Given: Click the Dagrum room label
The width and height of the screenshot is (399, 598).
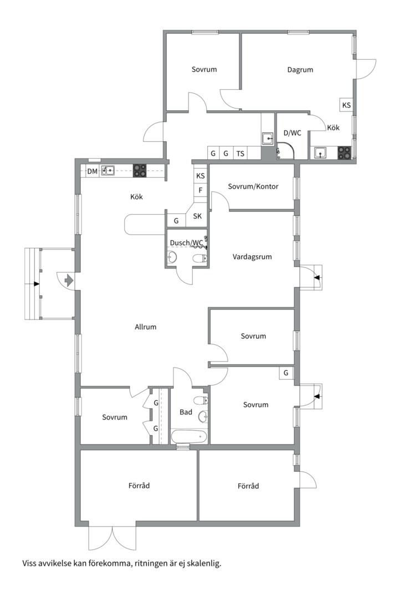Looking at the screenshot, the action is pyautogui.click(x=300, y=70).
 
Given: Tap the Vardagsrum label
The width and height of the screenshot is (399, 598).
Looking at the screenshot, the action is pyautogui.click(x=252, y=257).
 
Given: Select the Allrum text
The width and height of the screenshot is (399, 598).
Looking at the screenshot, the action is pyautogui.click(x=146, y=327).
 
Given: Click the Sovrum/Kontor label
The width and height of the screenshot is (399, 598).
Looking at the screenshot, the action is pyautogui.click(x=253, y=187).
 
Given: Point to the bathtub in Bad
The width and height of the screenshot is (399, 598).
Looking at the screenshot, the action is pyautogui.click(x=190, y=436).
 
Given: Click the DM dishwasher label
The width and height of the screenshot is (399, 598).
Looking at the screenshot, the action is pyautogui.click(x=92, y=172).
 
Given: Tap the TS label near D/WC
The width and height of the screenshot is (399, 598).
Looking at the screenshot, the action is pyautogui.click(x=240, y=154).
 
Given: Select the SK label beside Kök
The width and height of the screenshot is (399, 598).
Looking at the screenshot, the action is pyautogui.click(x=197, y=216).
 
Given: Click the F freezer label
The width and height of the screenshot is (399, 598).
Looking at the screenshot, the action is pyautogui.click(x=201, y=190).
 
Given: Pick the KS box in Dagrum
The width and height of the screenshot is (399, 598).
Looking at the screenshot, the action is pyautogui.click(x=346, y=105).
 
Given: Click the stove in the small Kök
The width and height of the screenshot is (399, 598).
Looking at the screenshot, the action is pyautogui.click(x=344, y=153).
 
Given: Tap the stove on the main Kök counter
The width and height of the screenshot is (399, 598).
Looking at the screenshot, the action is pyautogui.click(x=139, y=171).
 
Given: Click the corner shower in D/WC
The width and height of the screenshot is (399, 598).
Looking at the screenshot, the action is pyautogui.click(x=285, y=151).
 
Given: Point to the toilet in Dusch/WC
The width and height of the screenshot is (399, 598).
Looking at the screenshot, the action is pyautogui.click(x=201, y=259).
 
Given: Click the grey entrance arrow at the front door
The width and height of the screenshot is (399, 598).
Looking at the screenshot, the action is pyautogui.click(x=69, y=281).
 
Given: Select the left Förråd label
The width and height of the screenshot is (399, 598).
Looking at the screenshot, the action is pyautogui.click(x=139, y=486).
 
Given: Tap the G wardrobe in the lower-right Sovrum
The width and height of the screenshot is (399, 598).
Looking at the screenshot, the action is pyautogui.click(x=286, y=373).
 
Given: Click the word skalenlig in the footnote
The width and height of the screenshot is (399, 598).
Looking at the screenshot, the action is pyautogui.click(x=206, y=563).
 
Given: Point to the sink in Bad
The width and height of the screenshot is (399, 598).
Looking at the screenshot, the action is pyautogui.click(x=203, y=417).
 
